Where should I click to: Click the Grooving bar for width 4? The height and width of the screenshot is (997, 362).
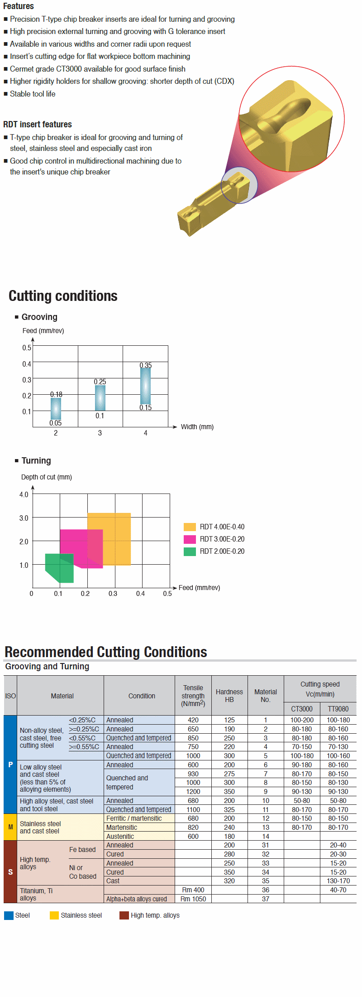pyautogui.click(x=145, y=386)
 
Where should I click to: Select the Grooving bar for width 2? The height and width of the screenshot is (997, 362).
pyautogui.click(x=56, y=409)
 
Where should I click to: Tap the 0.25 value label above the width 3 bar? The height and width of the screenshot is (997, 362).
pyautogui.click(x=100, y=382)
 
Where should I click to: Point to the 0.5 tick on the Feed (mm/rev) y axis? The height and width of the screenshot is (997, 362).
pyautogui.click(x=27, y=348)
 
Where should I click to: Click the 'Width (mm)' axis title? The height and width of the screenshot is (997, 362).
pyautogui.click(x=197, y=427)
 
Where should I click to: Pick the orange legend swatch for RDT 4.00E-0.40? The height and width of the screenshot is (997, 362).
pyautogui.click(x=190, y=527)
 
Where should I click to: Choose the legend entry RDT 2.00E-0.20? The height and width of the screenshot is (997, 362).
pyautogui.click(x=222, y=551)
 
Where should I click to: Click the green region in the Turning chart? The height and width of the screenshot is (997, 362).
pyautogui.click(x=60, y=568)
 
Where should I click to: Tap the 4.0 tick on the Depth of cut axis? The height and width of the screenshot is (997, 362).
pyautogui.click(x=24, y=494)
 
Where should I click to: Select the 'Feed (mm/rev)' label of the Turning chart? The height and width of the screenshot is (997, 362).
pyautogui.click(x=199, y=588)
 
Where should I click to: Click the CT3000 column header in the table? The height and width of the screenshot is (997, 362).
pyautogui.click(x=302, y=709)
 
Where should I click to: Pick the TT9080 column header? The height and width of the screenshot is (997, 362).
pyautogui.click(x=338, y=709)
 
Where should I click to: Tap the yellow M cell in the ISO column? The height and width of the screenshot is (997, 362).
pyautogui.click(x=10, y=827)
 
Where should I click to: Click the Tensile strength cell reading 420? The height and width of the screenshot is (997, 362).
pyautogui.click(x=193, y=720)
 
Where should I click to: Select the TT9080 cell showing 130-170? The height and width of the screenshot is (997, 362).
pyautogui.click(x=338, y=881)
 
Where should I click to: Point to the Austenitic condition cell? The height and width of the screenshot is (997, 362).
pyautogui.click(x=120, y=836)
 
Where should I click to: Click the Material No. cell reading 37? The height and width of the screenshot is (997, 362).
pyautogui.click(x=266, y=899)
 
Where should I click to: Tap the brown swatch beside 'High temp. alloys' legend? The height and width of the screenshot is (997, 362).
pyautogui.click(x=124, y=915)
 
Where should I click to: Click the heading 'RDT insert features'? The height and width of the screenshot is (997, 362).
pyautogui.click(x=38, y=124)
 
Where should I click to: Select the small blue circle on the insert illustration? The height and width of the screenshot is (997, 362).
pyautogui.click(x=239, y=185)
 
